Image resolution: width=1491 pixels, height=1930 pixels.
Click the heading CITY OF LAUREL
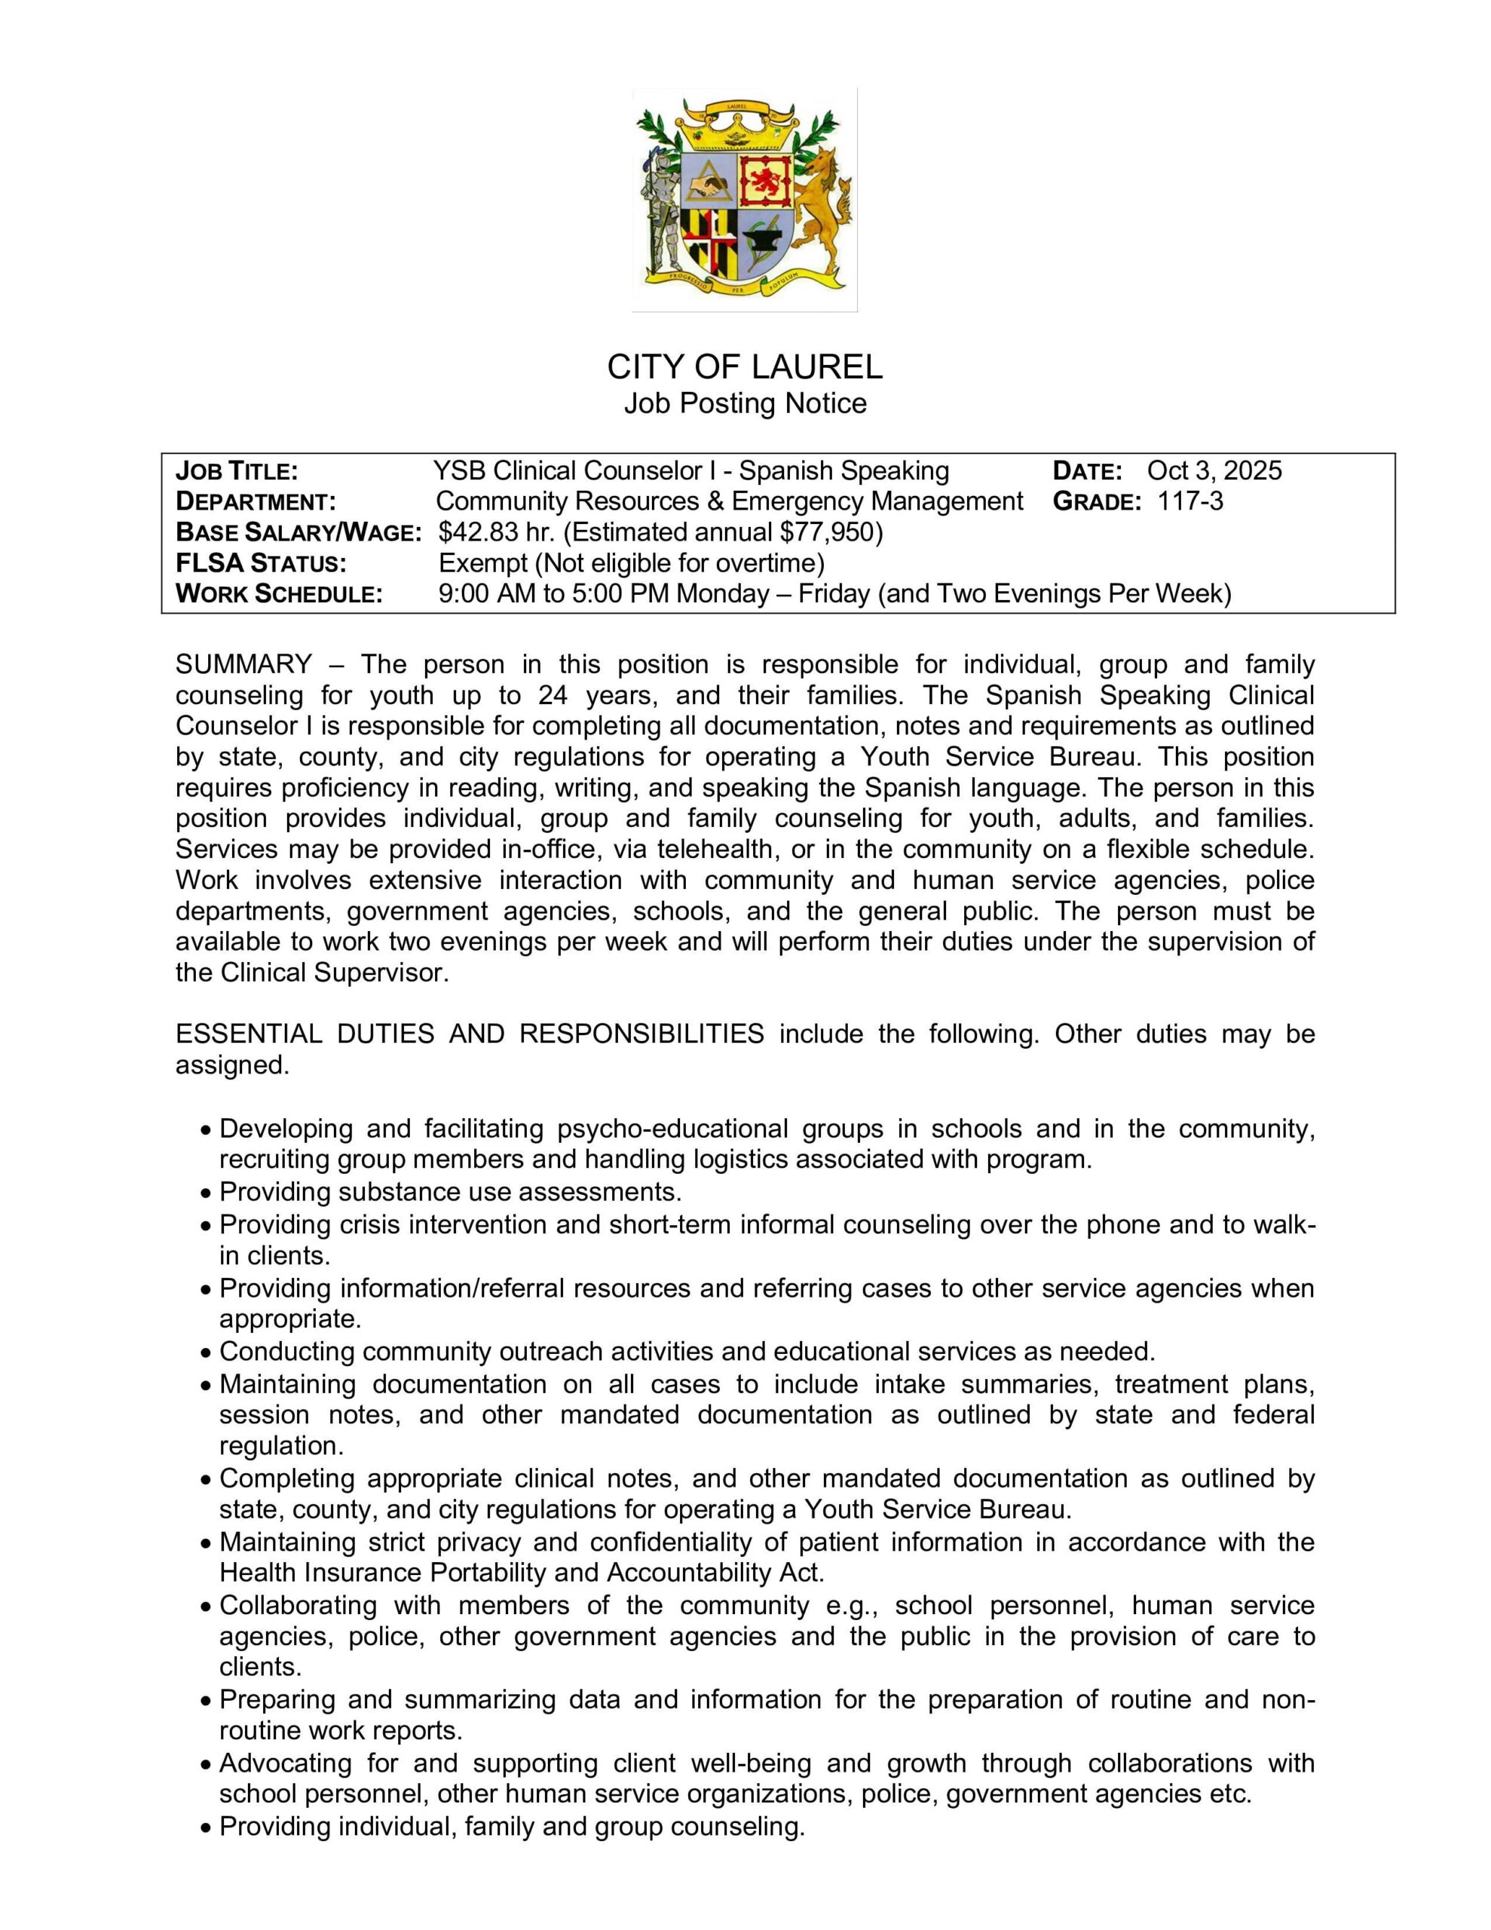(x=744, y=366)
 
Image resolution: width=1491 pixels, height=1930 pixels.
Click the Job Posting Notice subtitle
(x=744, y=404)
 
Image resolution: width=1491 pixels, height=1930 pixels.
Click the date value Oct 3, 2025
(x=1214, y=470)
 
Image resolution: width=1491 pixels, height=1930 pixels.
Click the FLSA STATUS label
(x=261, y=563)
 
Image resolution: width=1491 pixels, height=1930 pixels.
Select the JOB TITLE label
(x=237, y=470)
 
